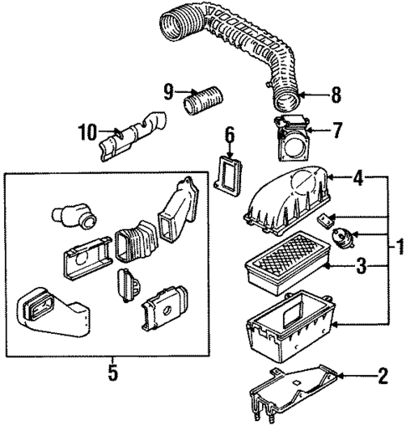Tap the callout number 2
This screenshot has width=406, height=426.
[383, 375]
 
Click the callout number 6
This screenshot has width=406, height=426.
[228, 132]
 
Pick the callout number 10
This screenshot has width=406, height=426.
[85, 131]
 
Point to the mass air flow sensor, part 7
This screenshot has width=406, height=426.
[290, 139]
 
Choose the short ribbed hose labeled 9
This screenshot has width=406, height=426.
[203, 109]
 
